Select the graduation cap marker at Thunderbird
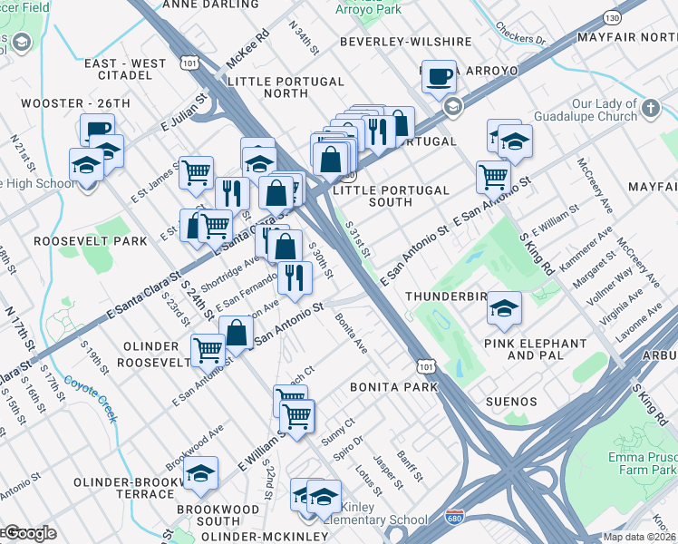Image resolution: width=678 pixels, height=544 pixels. tap(504, 308)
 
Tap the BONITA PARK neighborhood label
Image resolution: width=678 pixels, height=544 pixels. tap(394, 387)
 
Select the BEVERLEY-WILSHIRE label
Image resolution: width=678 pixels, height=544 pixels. tap(406, 42)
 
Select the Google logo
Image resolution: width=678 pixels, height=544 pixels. tap(29, 533)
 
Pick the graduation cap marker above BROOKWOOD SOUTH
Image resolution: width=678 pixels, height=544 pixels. tap(200, 475)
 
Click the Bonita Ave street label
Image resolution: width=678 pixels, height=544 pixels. tap(351, 334)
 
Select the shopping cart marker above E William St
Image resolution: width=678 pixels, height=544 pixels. tap(296, 416)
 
